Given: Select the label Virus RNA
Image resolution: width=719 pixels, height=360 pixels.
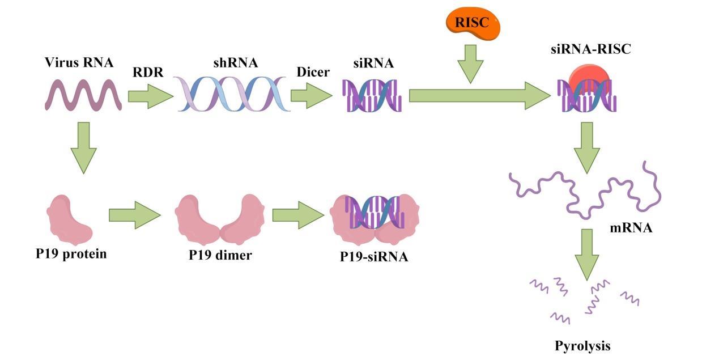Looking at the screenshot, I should [x=79, y=62].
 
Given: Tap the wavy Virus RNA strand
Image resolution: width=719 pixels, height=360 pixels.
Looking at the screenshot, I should [x=83, y=95].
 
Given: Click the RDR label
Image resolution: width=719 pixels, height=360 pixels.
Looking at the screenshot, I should [x=148, y=73].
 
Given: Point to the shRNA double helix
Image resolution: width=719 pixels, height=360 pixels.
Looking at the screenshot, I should [x=234, y=94].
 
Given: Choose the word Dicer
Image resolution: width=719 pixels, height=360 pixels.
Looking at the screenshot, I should [x=313, y=73].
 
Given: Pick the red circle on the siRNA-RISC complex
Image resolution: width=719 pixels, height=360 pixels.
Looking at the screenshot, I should [x=590, y=79].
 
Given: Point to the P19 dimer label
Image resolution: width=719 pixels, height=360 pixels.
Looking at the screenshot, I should [x=220, y=255].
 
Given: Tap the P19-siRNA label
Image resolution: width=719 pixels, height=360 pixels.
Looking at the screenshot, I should [x=373, y=257].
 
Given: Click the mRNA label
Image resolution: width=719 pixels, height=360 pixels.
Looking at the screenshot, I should [x=631, y=228].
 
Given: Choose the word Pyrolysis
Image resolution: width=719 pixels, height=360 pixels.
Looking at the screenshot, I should [x=582, y=345].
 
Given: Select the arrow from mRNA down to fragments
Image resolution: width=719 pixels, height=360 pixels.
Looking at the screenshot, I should [x=588, y=253].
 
